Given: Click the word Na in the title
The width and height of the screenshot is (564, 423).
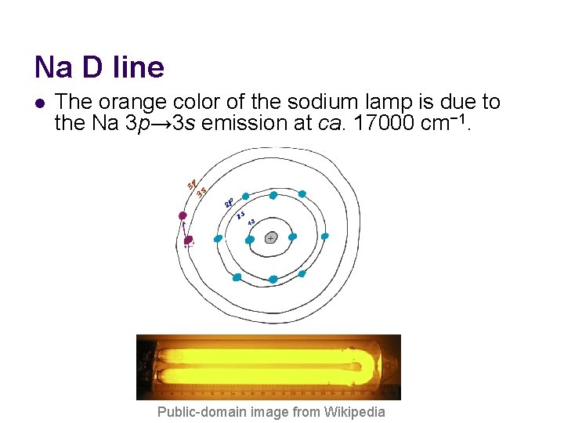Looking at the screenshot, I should point(52,67).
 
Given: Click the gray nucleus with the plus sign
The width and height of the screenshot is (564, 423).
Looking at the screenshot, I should point(271,237).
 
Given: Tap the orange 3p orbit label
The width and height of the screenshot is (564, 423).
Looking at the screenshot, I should point(191,184).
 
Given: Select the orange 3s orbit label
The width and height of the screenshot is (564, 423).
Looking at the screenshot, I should point(201,192).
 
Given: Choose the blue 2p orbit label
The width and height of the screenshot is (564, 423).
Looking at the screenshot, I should point(230,203).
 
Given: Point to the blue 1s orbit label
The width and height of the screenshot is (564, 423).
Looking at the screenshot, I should point(251,222).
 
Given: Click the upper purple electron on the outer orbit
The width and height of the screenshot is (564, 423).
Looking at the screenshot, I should point(183,215).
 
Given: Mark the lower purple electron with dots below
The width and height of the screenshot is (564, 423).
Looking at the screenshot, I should point(188,240).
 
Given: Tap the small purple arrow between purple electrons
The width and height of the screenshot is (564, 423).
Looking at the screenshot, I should point(186,228).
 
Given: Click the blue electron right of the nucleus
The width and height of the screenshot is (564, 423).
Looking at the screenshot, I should point(292,237).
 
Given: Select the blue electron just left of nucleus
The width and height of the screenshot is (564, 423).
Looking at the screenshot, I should point(250,240).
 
